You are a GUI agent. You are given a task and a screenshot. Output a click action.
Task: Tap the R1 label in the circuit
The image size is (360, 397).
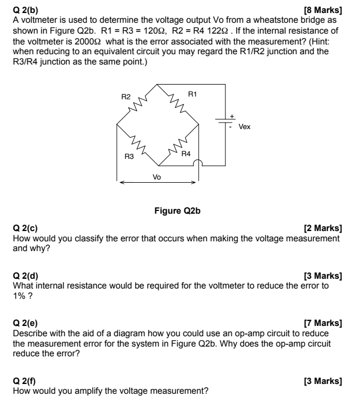192,94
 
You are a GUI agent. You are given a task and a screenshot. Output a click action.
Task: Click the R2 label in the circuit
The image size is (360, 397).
126,97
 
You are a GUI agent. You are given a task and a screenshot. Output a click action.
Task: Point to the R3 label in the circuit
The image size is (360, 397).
129,157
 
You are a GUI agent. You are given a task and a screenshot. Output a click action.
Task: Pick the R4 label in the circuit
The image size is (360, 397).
186,154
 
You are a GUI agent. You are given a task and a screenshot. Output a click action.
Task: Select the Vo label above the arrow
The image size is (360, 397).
157,177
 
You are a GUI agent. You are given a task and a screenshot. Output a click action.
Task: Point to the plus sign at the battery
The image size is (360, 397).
232,116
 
